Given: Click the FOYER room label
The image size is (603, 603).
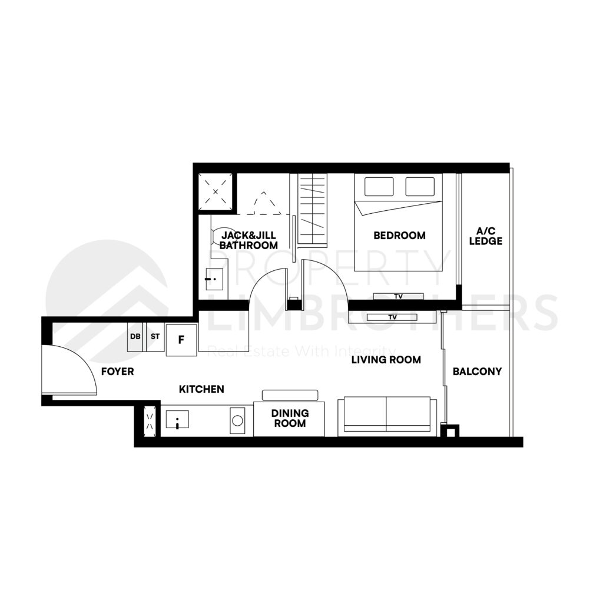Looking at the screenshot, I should pos(117,372).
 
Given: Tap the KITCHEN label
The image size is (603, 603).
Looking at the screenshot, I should pos(201,389).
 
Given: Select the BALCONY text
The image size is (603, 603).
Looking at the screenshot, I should pos(477,372).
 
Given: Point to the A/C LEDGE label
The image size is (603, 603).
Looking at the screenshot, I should pos(489,236).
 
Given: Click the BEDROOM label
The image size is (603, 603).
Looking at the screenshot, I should pos(399,236).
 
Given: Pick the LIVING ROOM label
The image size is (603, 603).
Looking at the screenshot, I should pos(386,359).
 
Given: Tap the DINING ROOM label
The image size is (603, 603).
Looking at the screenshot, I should pos(289,419).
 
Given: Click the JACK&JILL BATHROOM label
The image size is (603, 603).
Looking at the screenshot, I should pos(249,240).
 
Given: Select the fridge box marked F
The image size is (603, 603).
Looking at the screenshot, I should pos(181,340).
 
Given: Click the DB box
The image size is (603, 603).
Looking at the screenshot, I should pos(135,337).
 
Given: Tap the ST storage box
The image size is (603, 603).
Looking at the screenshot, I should pos(155,337).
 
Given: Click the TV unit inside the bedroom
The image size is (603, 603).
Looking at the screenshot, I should pos(399,296).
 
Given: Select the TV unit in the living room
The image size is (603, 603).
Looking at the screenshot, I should pos(392,317).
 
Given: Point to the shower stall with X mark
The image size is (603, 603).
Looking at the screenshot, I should pos(216,191).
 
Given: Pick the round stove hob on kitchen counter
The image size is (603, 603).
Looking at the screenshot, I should pos(237,420).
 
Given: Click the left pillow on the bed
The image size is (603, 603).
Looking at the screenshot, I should pos(379,186).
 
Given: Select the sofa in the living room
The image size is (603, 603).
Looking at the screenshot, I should pos(387,416).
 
